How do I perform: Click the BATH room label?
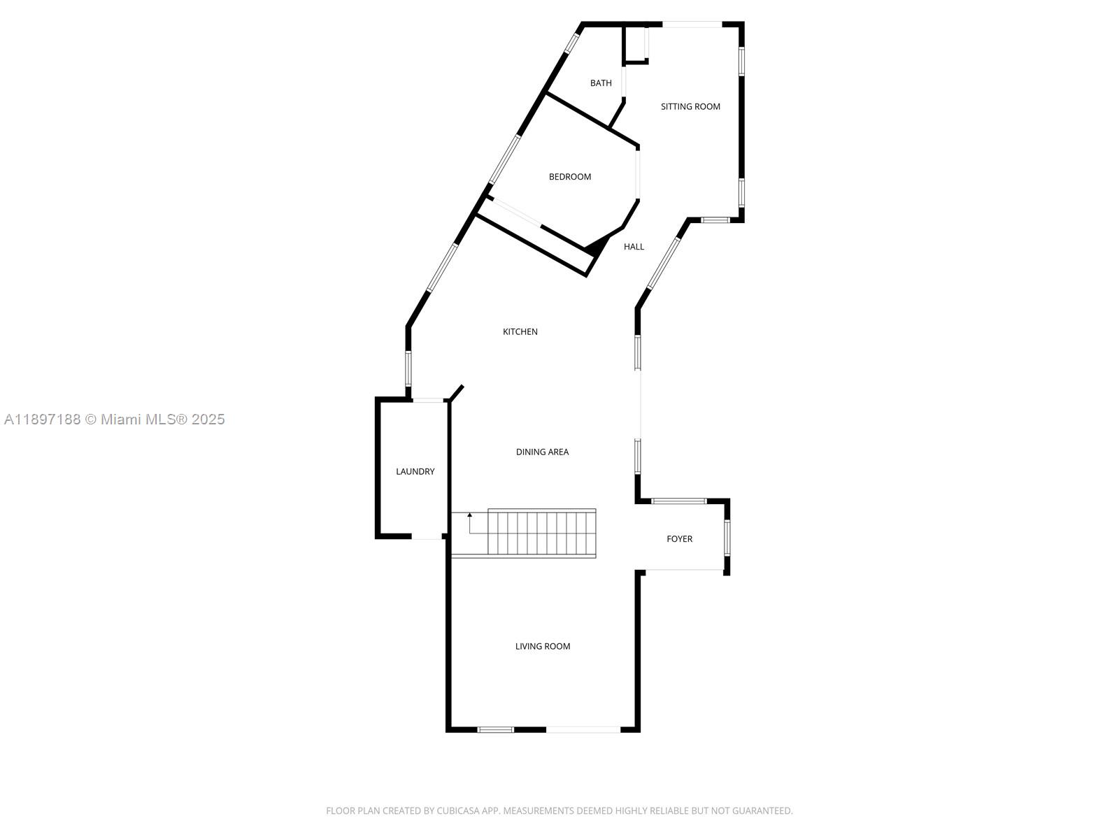[601, 83]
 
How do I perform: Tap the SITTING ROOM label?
[690, 107]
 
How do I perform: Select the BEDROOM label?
[570, 177]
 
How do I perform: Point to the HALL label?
[634, 247]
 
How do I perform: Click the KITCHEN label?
[520, 332]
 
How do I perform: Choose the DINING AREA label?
[542, 452]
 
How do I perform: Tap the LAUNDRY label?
[415, 472]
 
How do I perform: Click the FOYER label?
[679, 539]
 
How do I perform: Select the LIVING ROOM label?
[543, 647]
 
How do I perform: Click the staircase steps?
[542, 533]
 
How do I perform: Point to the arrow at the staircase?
[470, 516]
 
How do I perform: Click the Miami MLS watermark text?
[115, 419]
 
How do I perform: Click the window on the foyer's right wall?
[727, 537]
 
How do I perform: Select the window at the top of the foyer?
[679, 501]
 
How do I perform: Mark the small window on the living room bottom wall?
[495, 730]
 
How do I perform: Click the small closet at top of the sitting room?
[635, 45]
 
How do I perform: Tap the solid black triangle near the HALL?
[596, 246]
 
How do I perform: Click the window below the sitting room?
[715, 220]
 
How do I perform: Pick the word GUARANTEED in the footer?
[764, 811]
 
